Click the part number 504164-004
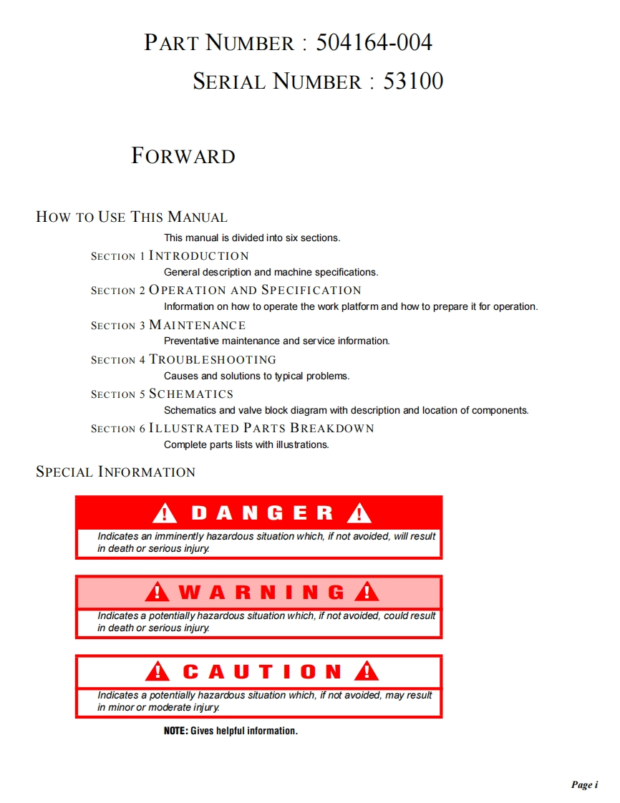tap(374, 43)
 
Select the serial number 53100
tap(413, 81)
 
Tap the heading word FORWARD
tap(183, 156)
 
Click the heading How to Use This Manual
tap(132, 217)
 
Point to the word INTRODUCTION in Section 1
tap(199, 255)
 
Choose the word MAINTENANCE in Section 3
tap(198, 325)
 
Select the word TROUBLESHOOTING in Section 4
tap(213, 359)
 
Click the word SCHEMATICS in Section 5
tap(191, 394)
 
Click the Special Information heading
tap(115, 472)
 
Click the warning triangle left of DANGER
tap(165, 513)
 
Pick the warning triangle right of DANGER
tap(359, 513)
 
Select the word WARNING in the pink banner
tap(261, 593)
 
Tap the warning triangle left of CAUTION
tap(158, 671)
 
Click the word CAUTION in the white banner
tap(262, 672)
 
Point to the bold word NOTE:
tap(176, 731)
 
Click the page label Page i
tap(584, 785)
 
